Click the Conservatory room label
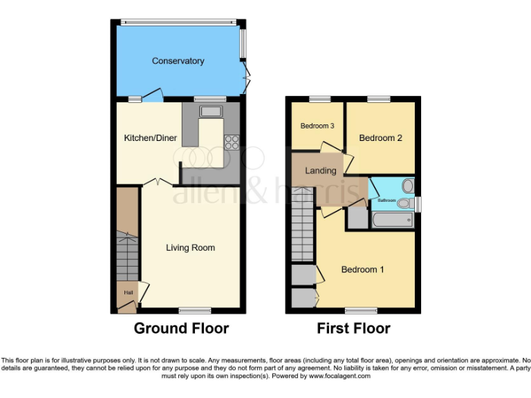click(178, 61)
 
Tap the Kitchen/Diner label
click(150, 138)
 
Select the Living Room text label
click(190, 247)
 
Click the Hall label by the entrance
click(128, 293)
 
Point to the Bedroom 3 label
click(317, 126)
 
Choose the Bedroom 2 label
click(380, 138)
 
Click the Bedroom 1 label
click(363, 269)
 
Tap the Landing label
click(321, 171)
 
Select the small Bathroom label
click(386, 200)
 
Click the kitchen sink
click(209, 111)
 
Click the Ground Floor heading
click(181, 328)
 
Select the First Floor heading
click(353, 328)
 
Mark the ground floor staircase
click(127, 235)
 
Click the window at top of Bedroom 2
click(379, 99)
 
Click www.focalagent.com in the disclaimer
click(340, 377)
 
